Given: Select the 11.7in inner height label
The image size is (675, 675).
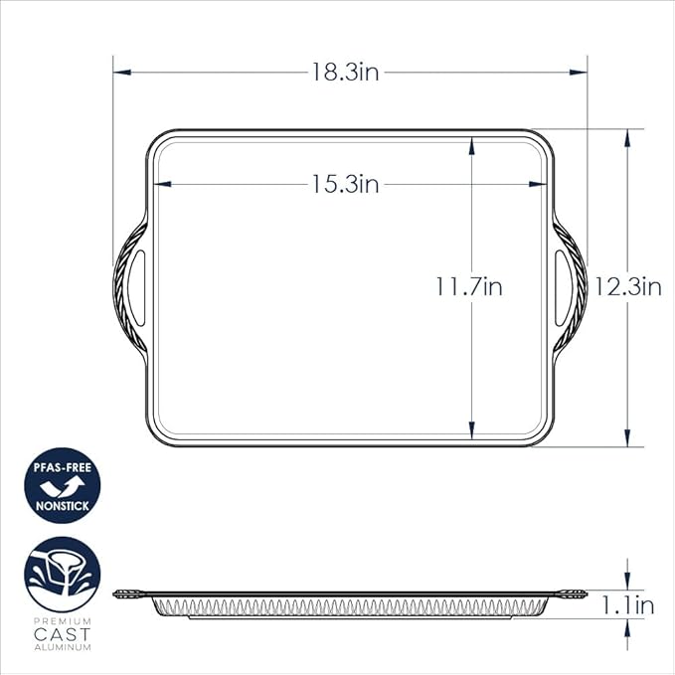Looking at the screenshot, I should tap(468, 287).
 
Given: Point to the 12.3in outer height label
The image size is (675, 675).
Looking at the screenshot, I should tap(628, 287).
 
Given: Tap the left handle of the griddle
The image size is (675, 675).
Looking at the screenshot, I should tap(131, 287).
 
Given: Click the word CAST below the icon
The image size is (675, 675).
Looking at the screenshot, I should tap(63, 633).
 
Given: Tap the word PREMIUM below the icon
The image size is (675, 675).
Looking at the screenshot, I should tap(63, 621).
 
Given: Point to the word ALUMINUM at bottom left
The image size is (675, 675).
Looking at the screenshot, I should tap(63, 646).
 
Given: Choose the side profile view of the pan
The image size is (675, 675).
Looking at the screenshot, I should tap(347, 602).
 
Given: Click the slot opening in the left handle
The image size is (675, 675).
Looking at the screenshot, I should tap(141, 287).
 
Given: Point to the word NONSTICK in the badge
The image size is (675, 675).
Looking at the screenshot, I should tap(63, 506).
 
